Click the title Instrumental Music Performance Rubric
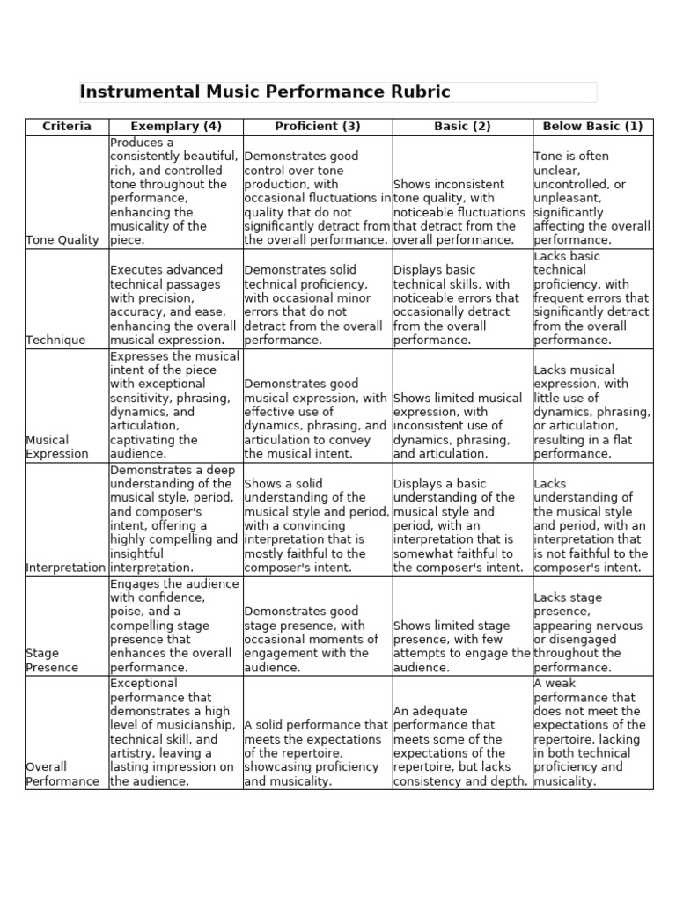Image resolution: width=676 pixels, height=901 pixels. pos(265,92)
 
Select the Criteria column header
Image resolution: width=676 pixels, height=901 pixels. pos(67,126)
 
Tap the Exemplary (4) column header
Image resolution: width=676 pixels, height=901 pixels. pos(176,126)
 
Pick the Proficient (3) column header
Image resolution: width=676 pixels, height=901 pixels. pos(318,126)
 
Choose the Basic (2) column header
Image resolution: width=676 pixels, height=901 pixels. pos(462,126)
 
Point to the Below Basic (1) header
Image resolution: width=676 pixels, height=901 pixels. pos(592,126)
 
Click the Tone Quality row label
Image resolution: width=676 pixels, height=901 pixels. pos(62,240)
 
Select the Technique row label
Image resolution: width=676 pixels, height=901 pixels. pos(56,340)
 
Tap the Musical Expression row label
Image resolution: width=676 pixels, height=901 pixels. pos(57,447)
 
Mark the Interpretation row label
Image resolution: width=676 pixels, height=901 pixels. pos(66,568)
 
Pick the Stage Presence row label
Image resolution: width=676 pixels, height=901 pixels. pos(52,660)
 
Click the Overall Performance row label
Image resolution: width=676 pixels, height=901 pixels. pos(62,773)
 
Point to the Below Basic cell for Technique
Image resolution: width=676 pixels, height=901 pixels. pos(591,297)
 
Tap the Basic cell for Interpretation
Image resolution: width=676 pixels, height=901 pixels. pos(461,525)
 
